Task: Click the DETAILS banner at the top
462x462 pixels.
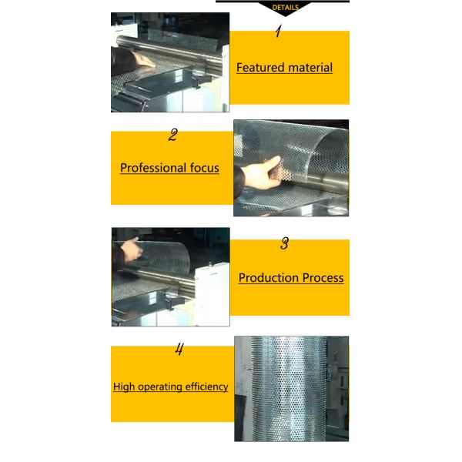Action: tap(285, 7)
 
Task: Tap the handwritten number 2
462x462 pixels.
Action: tap(173, 136)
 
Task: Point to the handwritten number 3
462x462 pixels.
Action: tap(284, 244)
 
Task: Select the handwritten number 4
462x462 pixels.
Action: tap(179, 350)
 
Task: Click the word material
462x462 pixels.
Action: tap(311, 68)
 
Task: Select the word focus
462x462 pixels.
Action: tap(204, 168)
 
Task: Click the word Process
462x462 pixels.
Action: tap(324, 278)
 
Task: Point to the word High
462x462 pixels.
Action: tap(126, 387)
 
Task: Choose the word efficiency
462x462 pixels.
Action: tap(209, 387)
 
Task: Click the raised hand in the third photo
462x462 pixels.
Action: tap(132, 248)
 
